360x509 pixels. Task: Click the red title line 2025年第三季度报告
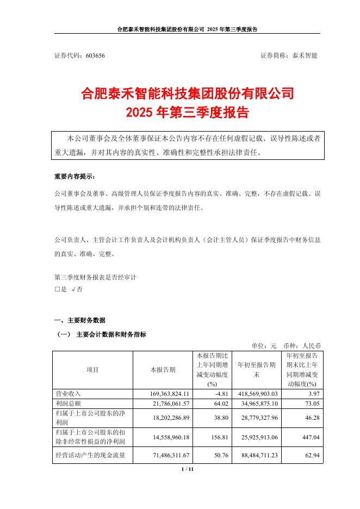187,113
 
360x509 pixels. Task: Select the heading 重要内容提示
74,177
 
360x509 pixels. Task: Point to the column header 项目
92,370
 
